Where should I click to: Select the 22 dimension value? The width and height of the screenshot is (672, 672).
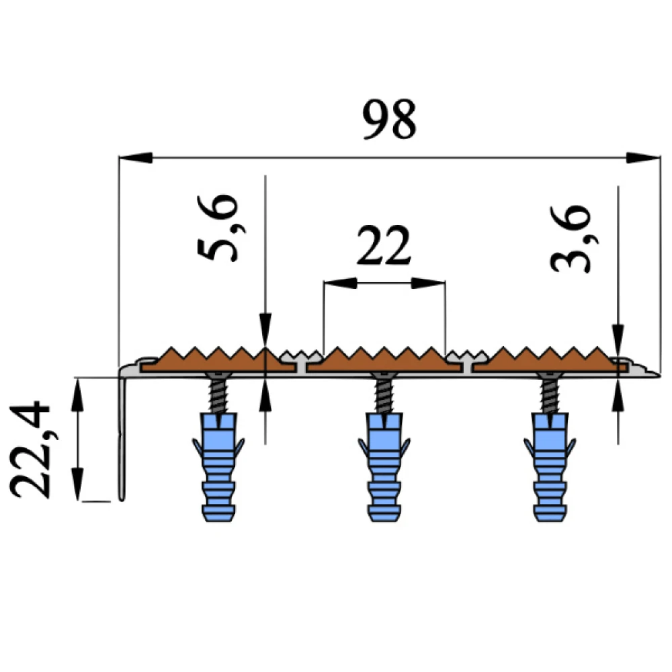click(383, 247)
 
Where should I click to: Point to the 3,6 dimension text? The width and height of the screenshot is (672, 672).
click(571, 239)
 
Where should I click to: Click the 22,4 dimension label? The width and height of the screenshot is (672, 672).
click(32, 449)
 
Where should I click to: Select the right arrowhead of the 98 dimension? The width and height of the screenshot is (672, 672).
click(641, 158)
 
